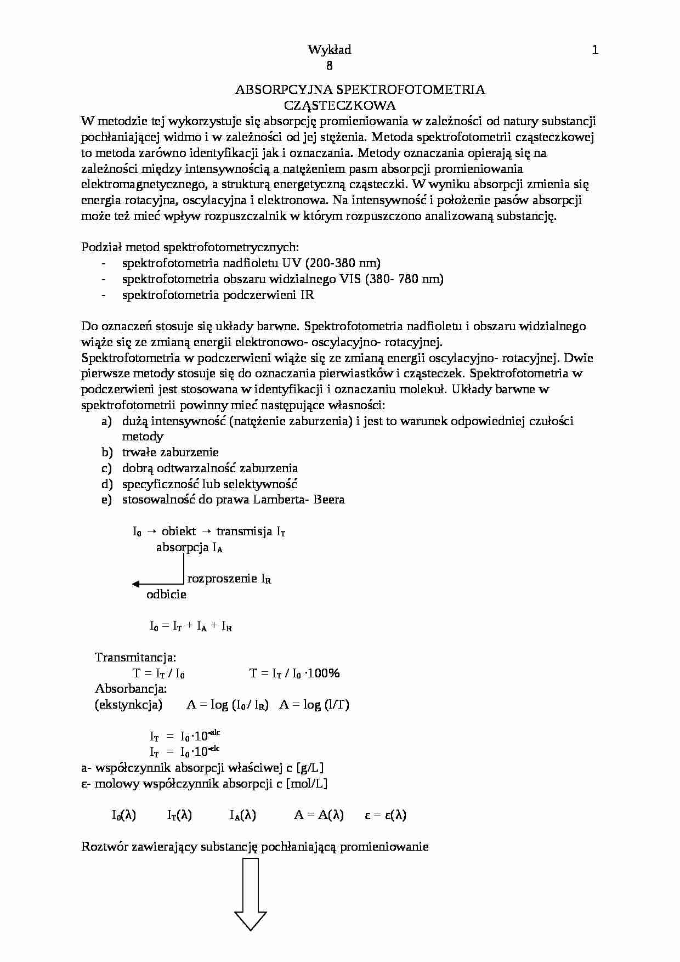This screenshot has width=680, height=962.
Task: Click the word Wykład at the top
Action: [329, 50]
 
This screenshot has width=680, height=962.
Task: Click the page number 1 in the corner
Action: [595, 50]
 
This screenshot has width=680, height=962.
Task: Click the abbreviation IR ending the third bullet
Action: [307, 295]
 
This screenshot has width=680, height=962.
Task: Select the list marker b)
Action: [106, 452]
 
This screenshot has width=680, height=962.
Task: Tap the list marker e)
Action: [106, 500]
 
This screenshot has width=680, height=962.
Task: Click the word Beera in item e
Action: [329, 500]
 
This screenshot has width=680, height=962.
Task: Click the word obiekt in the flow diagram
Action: [178, 531]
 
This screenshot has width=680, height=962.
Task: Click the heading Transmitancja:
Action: [135, 657]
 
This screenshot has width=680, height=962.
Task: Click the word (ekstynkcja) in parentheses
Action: [128, 705]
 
